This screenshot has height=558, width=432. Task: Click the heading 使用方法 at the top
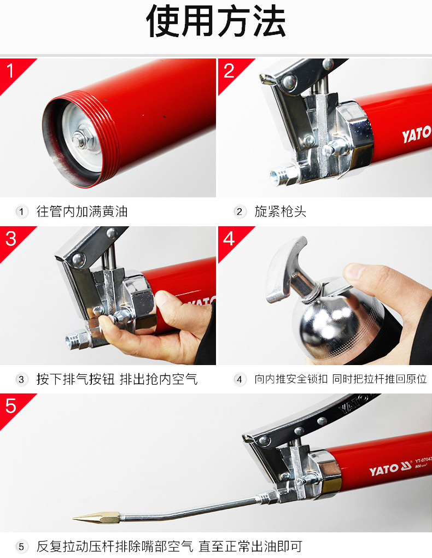216,22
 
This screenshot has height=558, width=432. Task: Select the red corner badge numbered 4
231,240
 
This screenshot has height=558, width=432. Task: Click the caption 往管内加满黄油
82,212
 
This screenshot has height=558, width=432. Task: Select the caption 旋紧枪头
281,212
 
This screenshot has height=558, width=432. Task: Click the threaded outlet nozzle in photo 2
284,175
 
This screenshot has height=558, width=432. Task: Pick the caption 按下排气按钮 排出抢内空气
117,379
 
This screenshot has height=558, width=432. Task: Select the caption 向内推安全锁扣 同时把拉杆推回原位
341,379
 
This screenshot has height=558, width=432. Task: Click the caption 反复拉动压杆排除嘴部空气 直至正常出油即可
170,547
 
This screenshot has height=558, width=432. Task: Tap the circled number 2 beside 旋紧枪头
240,212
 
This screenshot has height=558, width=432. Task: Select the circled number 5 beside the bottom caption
21,547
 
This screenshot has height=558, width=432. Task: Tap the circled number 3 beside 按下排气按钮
21,379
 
